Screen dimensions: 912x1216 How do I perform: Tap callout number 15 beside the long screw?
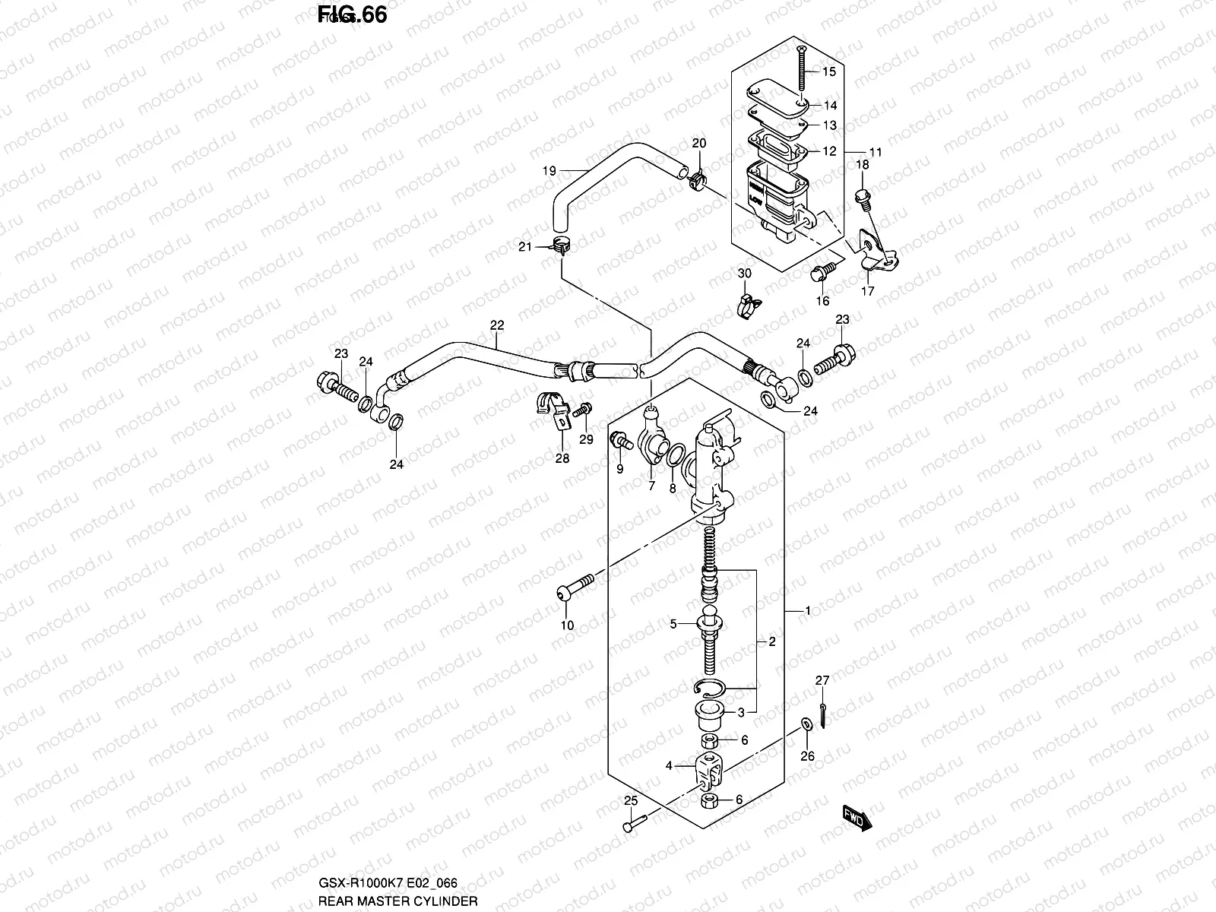(x=828, y=71)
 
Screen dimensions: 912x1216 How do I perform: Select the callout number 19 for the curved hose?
(x=549, y=170)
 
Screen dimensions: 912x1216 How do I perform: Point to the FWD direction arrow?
(x=856, y=818)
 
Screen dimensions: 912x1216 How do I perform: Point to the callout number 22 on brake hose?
(x=496, y=325)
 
